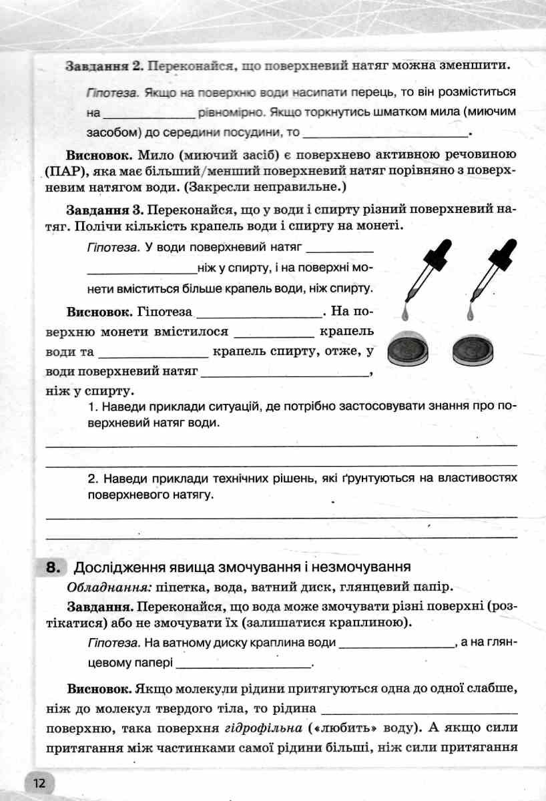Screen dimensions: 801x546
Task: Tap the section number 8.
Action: [53, 568]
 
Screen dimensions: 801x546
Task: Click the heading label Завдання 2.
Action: [103, 67]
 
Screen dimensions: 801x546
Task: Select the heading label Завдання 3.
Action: [103, 209]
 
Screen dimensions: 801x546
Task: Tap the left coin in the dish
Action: [406, 348]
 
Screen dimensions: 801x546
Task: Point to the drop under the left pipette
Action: [406, 311]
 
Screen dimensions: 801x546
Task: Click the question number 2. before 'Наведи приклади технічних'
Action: [93, 478]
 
